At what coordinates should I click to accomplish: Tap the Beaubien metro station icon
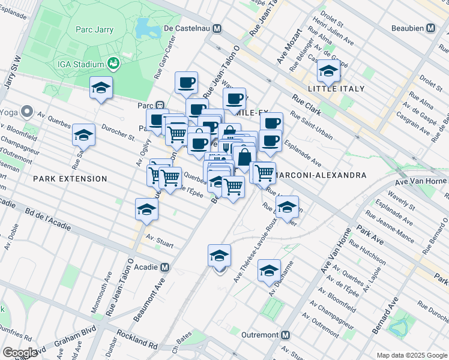(x=430, y=28)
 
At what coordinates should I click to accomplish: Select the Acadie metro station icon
(x=164, y=268)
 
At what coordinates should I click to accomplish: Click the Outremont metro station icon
(x=286, y=335)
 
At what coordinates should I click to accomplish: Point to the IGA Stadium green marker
(x=112, y=63)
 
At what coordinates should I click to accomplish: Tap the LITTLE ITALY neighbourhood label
(x=336, y=89)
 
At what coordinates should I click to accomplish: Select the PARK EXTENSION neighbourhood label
(x=70, y=179)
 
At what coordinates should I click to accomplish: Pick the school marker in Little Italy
(x=328, y=71)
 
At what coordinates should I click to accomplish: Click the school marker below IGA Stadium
(x=101, y=88)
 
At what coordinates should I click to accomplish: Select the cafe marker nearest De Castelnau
(x=186, y=83)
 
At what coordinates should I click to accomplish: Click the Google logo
(x=20, y=353)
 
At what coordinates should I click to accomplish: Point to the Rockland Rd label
(x=137, y=339)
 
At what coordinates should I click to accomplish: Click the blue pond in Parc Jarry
(x=144, y=27)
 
